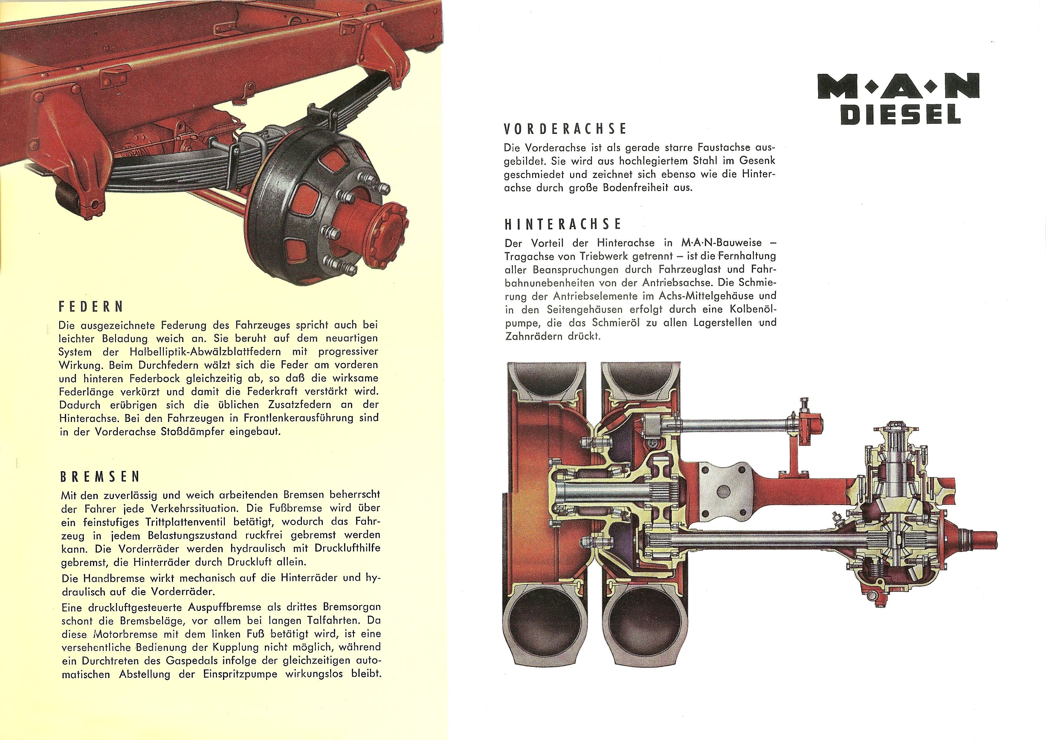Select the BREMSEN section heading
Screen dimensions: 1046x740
(x=100, y=477)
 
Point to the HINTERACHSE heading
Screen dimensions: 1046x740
(x=563, y=224)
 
